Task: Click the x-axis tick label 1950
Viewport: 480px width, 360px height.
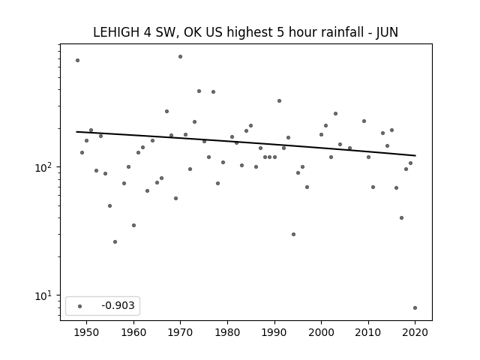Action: tap(87, 332)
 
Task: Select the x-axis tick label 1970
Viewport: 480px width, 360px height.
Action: tap(180, 332)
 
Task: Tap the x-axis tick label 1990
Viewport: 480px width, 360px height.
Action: tap(274, 332)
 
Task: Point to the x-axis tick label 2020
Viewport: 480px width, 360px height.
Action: tap(415, 332)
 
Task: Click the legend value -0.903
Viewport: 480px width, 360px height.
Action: tap(118, 305)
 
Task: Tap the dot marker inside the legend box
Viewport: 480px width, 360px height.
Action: tap(80, 306)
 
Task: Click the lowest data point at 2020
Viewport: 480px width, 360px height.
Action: tap(415, 308)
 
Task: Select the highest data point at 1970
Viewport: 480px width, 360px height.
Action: tap(180, 57)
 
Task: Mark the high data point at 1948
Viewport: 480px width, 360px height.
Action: tap(77, 61)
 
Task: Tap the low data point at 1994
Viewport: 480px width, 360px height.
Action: tap(293, 235)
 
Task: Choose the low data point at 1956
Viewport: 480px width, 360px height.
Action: tap(115, 241)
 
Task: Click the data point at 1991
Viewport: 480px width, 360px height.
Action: tap(279, 101)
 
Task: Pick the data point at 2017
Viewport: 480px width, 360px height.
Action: tap(402, 218)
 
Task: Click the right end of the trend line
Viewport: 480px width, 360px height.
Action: tap(415, 155)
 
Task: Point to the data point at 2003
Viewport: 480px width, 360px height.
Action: tap(335, 113)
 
